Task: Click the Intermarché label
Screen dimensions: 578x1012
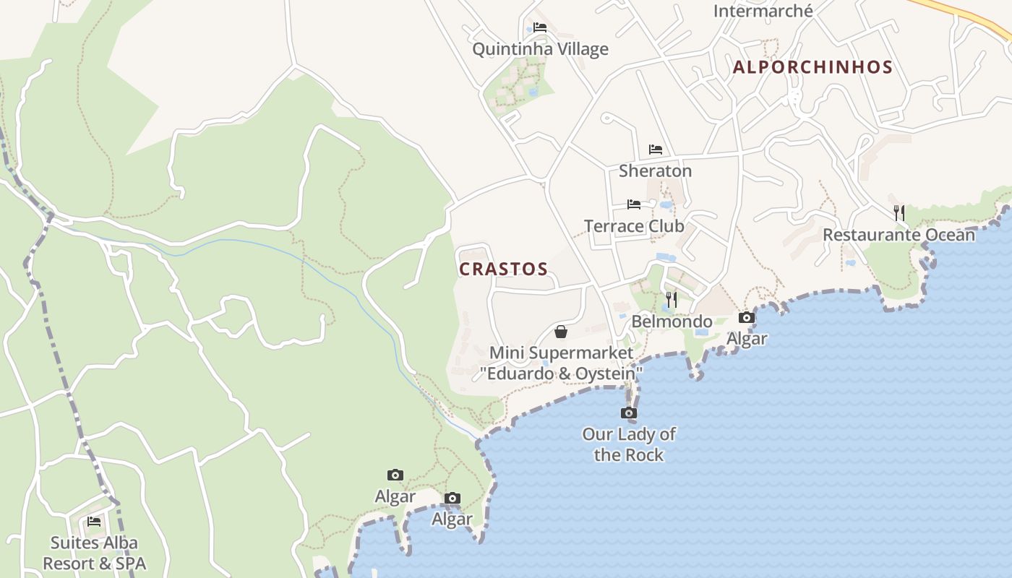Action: click(x=763, y=11)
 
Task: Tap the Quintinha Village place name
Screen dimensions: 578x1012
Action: click(x=540, y=49)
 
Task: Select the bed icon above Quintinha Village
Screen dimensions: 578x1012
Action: click(x=540, y=28)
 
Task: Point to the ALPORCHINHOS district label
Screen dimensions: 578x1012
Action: click(x=812, y=67)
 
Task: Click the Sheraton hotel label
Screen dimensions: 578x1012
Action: click(x=655, y=171)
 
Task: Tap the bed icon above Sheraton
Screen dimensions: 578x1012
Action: click(x=656, y=150)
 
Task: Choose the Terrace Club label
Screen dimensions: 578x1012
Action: click(x=634, y=226)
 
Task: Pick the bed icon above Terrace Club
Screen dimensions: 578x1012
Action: click(x=634, y=204)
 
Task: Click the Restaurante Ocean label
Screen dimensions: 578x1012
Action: click(x=899, y=235)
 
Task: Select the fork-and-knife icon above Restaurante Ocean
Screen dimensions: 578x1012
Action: click(x=899, y=212)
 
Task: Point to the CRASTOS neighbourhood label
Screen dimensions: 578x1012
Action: click(x=504, y=269)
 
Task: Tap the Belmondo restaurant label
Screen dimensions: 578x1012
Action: click(x=672, y=322)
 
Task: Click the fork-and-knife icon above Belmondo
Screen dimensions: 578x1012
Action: click(x=672, y=299)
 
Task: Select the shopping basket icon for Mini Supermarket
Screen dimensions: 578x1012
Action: click(x=560, y=332)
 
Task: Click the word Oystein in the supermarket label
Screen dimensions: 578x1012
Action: click(x=604, y=374)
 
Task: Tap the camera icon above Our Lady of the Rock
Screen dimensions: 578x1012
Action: click(x=629, y=413)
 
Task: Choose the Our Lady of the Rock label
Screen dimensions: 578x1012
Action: click(x=629, y=444)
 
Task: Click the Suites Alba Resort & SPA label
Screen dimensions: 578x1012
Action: click(x=94, y=553)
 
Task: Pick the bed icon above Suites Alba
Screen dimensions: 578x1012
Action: click(x=94, y=522)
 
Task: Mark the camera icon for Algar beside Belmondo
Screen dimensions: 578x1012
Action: click(x=747, y=317)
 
